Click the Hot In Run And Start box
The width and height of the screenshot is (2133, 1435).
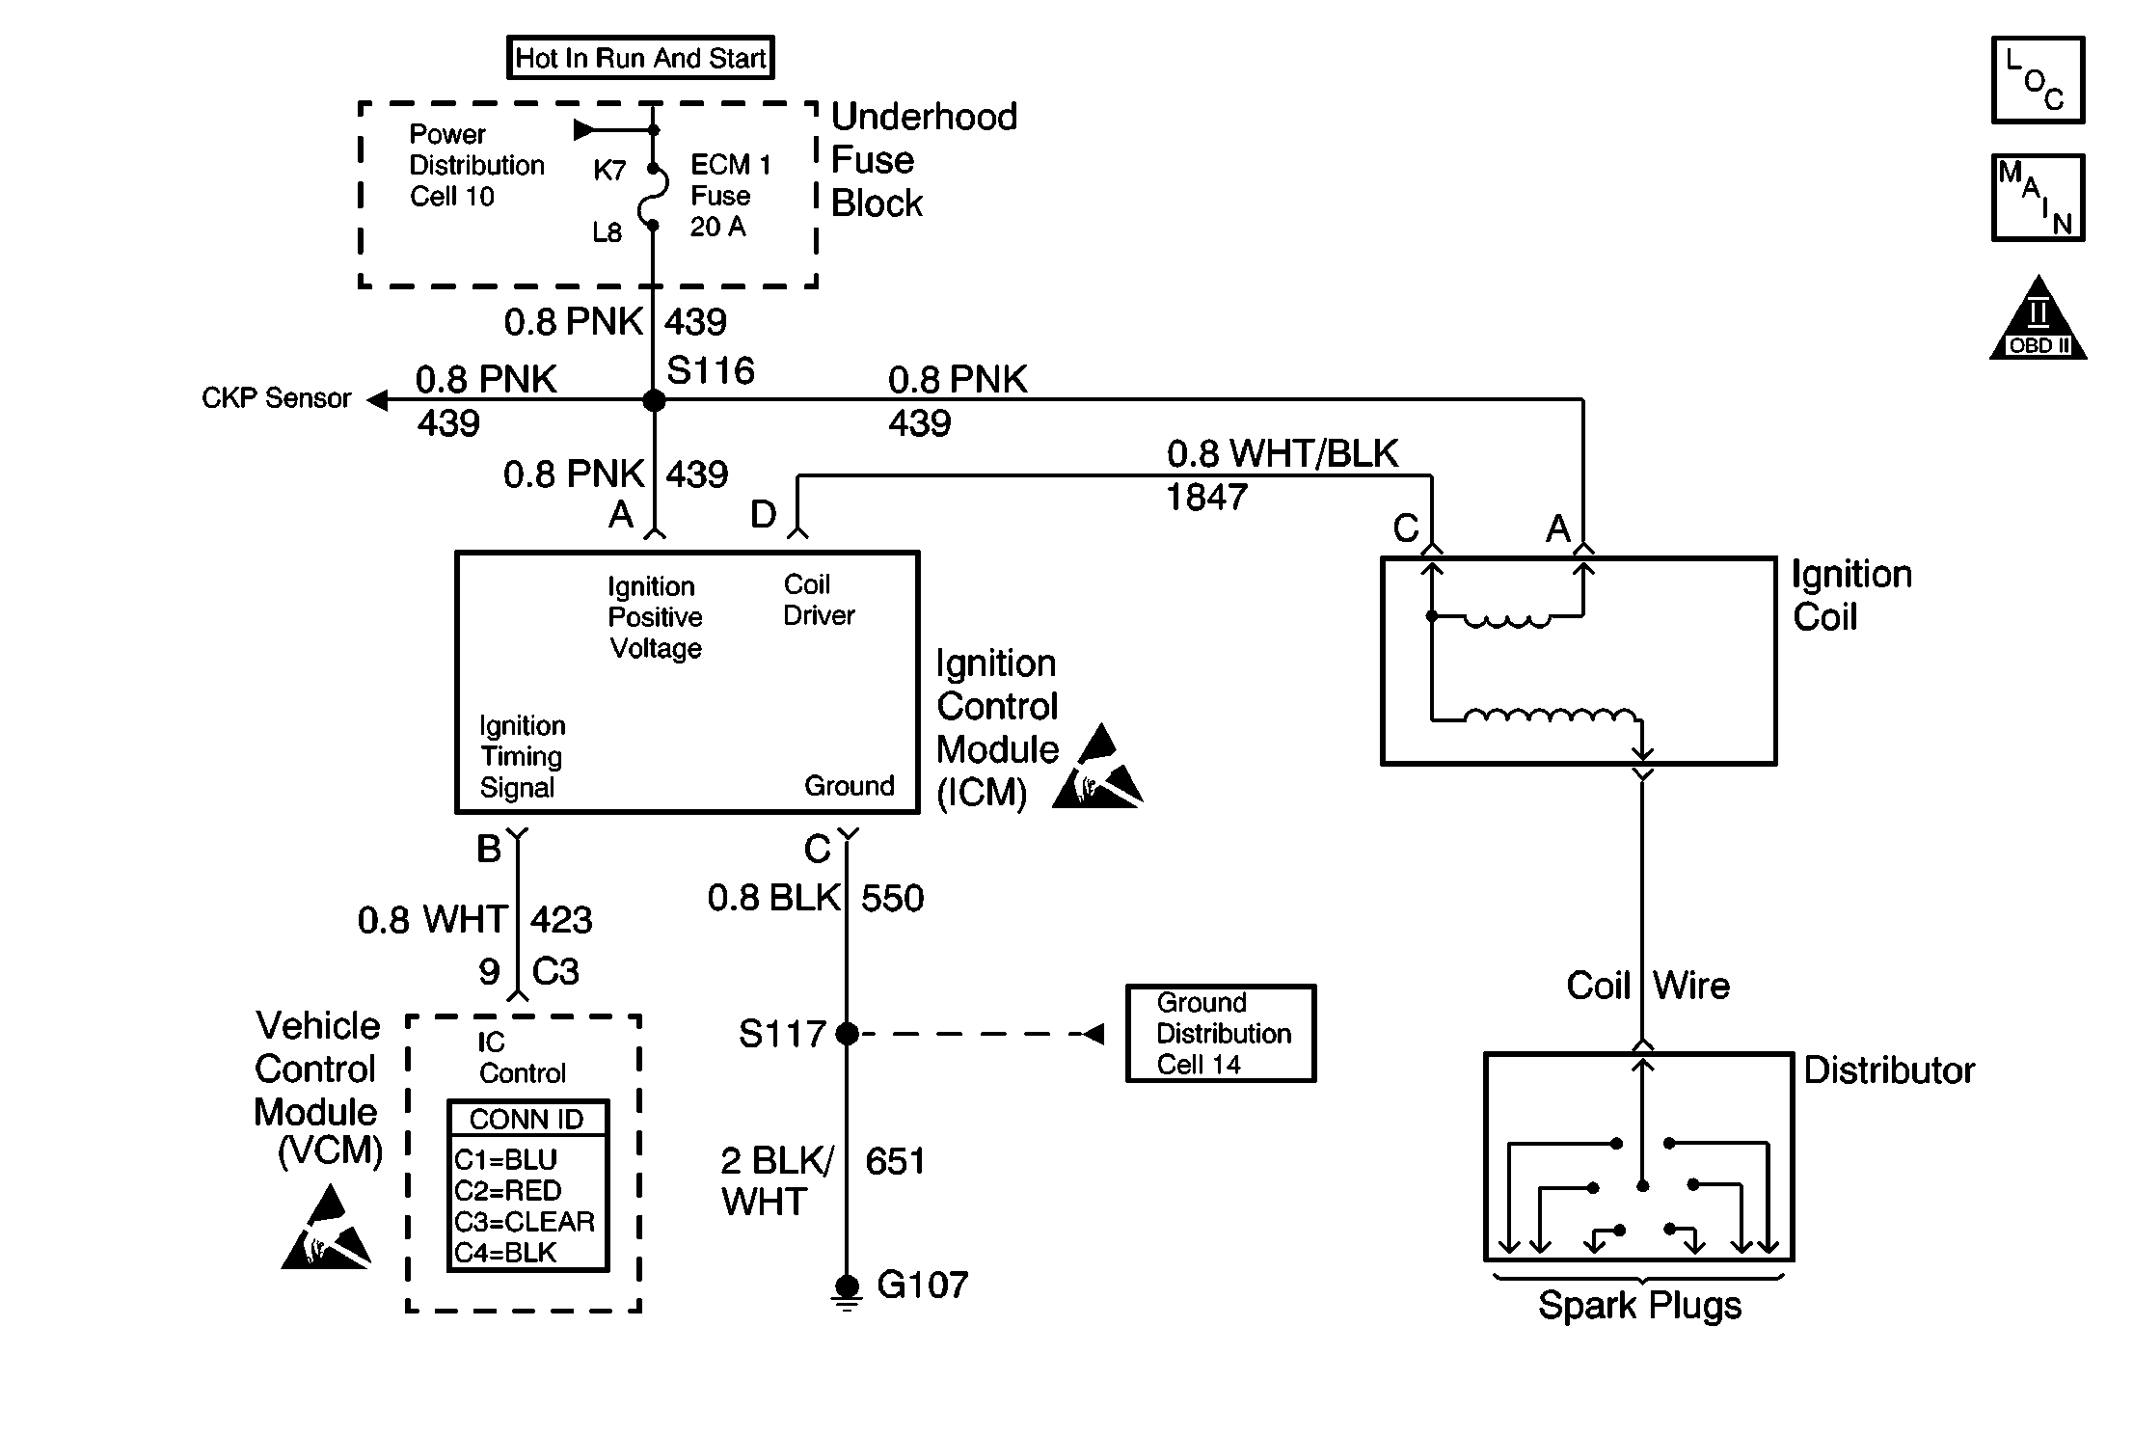pyautogui.click(x=640, y=58)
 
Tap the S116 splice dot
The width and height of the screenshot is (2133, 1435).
pyautogui.click(x=654, y=399)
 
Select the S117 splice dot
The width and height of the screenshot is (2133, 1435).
pyautogui.click(x=847, y=1034)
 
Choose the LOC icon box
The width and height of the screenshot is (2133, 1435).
pyautogui.click(x=2038, y=81)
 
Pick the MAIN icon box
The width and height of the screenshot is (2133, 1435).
pyautogui.click(x=2038, y=198)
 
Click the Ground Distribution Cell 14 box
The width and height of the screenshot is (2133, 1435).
pyautogui.click(x=1221, y=1034)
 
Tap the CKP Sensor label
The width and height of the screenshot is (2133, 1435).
pyautogui.click(x=276, y=398)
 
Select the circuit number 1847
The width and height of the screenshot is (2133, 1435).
pyautogui.click(x=1206, y=498)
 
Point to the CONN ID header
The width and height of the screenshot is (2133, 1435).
pyautogui.click(x=526, y=1119)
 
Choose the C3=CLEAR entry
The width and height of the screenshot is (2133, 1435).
pyautogui.click(x=525, y=1222)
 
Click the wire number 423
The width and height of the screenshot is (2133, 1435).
pyautogui.click(x=561, y=919)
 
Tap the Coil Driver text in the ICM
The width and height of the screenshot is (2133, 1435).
pyautogui.click(x=819, y=600)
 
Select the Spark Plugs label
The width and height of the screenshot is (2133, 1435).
pyautogui.click(x=1639, y=1306)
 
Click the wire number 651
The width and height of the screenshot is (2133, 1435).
pyautogui.click(x=895, y=1161)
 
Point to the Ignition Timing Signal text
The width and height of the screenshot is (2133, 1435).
pyautogui.click(x=522, y=757)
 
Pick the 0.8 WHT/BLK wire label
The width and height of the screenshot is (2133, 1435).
pyautogui.click(x=1282, y=453)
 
